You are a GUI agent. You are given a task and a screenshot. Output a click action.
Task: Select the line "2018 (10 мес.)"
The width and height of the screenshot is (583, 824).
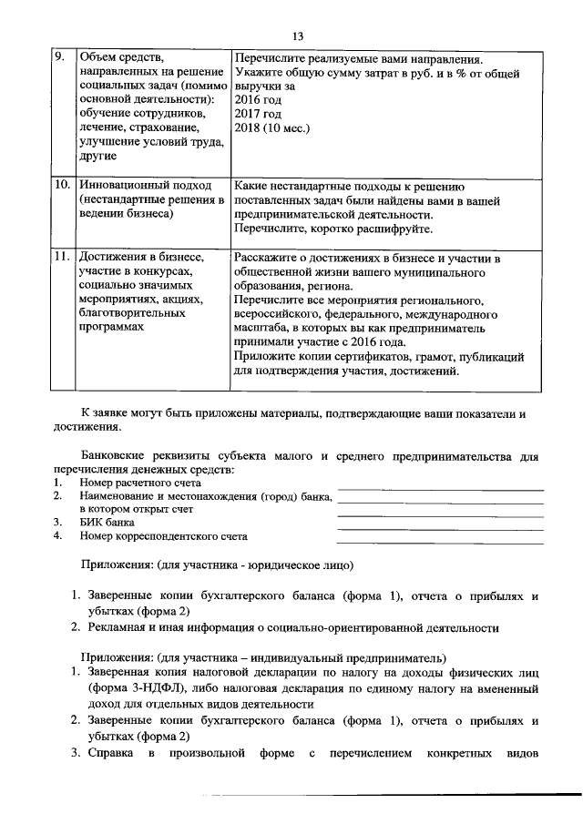click(x=272, y=128)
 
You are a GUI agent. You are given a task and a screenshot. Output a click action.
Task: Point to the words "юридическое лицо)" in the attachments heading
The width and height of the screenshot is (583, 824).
click(x=304, y=565)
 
